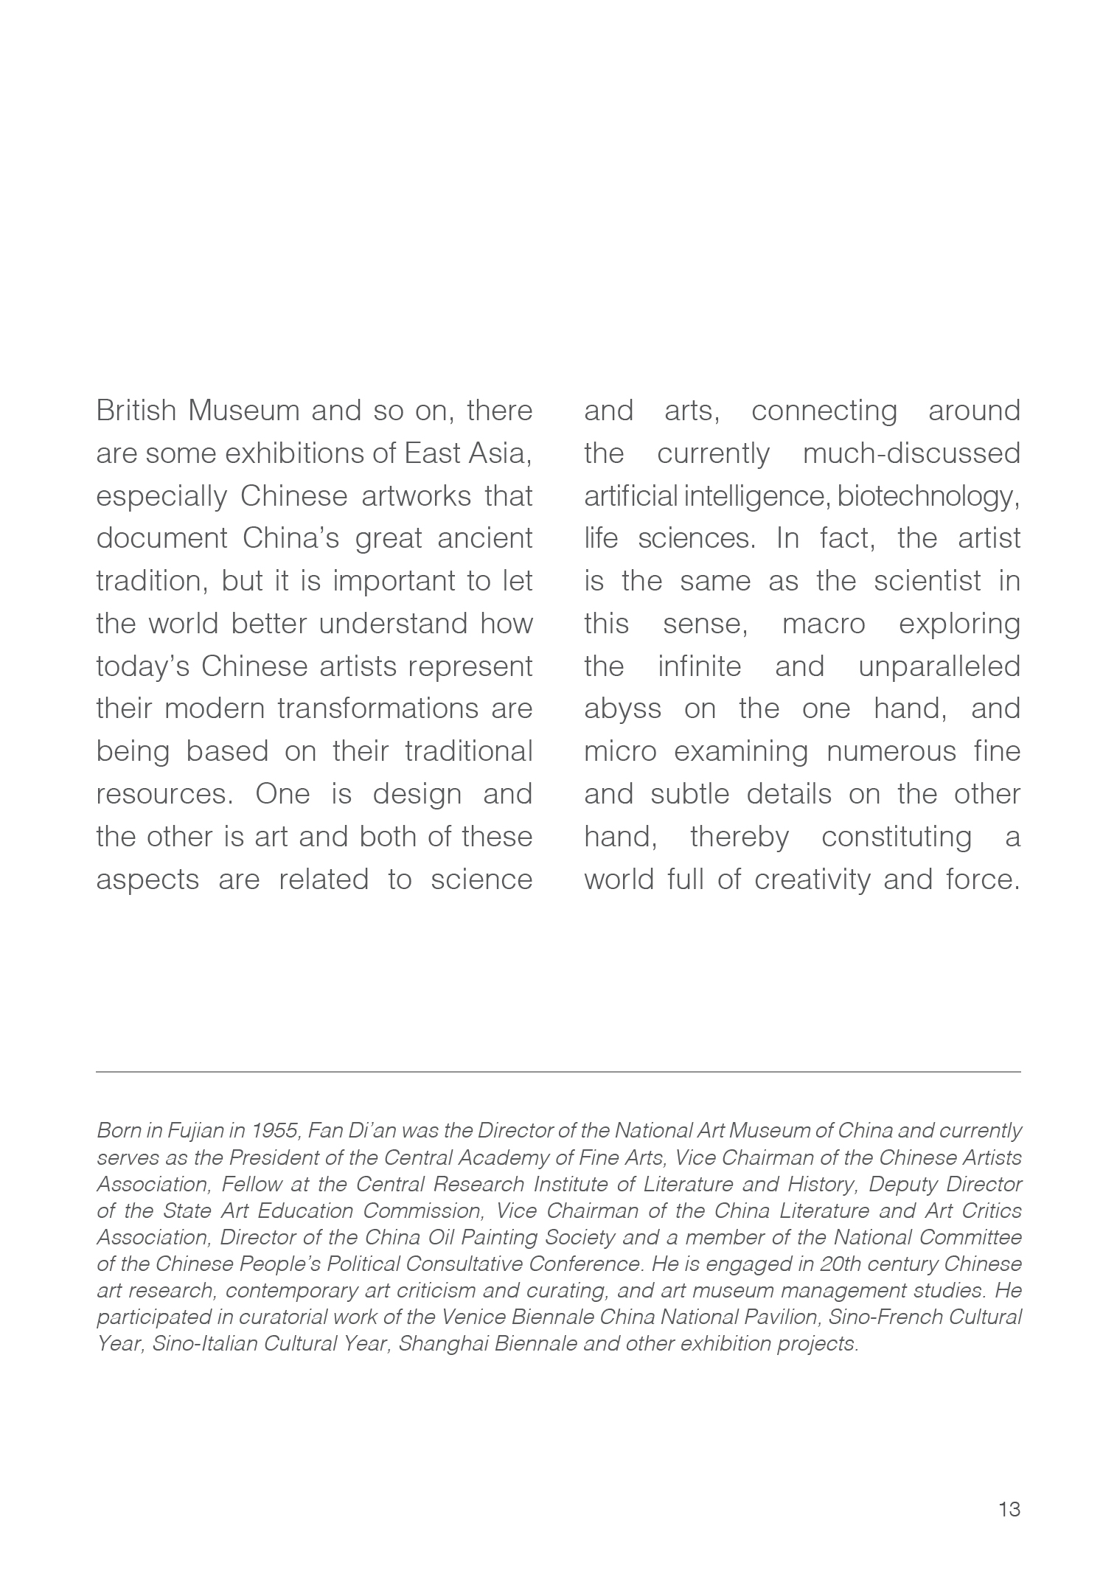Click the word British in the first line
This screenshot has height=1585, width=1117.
[136, 411]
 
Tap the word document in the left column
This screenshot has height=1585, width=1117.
[161, 538]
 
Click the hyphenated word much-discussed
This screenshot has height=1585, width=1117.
[911, 453]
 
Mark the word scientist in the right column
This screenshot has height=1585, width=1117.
[928, 581]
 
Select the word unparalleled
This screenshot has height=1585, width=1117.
[939, 666]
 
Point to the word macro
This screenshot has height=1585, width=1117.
[823, 624]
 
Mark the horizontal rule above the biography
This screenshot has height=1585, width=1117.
[558, 1071]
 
